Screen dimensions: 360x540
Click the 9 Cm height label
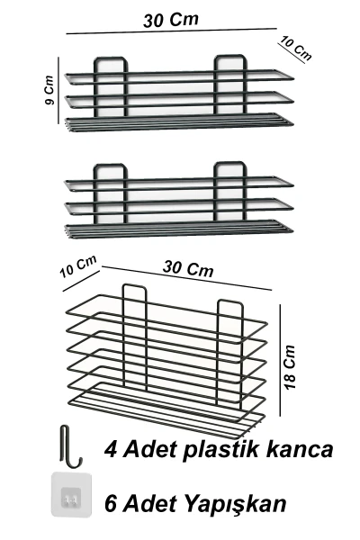coord(49,90)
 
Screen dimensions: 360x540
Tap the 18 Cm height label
coord(290,367)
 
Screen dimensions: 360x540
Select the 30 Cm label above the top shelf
coord(171,20)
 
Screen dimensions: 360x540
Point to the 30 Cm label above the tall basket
coord(188,268)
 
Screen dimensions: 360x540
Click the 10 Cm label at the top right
coord(296,48)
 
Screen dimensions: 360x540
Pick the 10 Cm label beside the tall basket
coord(78,266)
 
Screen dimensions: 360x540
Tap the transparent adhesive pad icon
coord(72,494)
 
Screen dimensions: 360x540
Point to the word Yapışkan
coord(236,504)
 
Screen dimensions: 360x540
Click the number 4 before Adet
coord(111,449)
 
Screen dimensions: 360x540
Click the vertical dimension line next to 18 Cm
coord(280,360)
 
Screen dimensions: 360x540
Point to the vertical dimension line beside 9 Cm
coord(58,90)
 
